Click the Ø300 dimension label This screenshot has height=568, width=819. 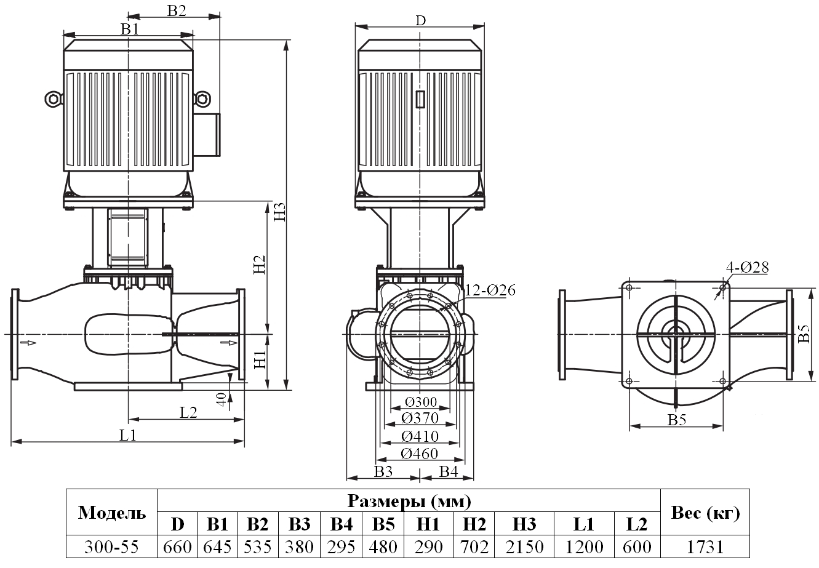click(x=421, y=402)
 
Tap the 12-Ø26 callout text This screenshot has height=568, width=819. click(x=490, y=290)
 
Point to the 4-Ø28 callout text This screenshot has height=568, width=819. click(x=747, y=268)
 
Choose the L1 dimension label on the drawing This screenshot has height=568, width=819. click(x=127, y=435)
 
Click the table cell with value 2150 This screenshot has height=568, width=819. click(x=524, y=546)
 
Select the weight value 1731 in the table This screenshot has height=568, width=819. click(x=705, y=546)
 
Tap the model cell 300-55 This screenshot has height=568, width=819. click(x=112, y=546)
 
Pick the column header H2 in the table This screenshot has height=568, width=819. click(x=474, y=524)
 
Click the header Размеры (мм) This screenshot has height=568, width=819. click(x=409, y=501)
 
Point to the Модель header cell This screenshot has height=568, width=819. click(x=112, y=513)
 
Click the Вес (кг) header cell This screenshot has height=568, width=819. click(x=705, y=513)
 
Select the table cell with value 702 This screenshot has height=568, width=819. click(x=474, y=546)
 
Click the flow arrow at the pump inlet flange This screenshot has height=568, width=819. click(x=27, y=342)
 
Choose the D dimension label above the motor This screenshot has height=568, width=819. click(x=420, y=20)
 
